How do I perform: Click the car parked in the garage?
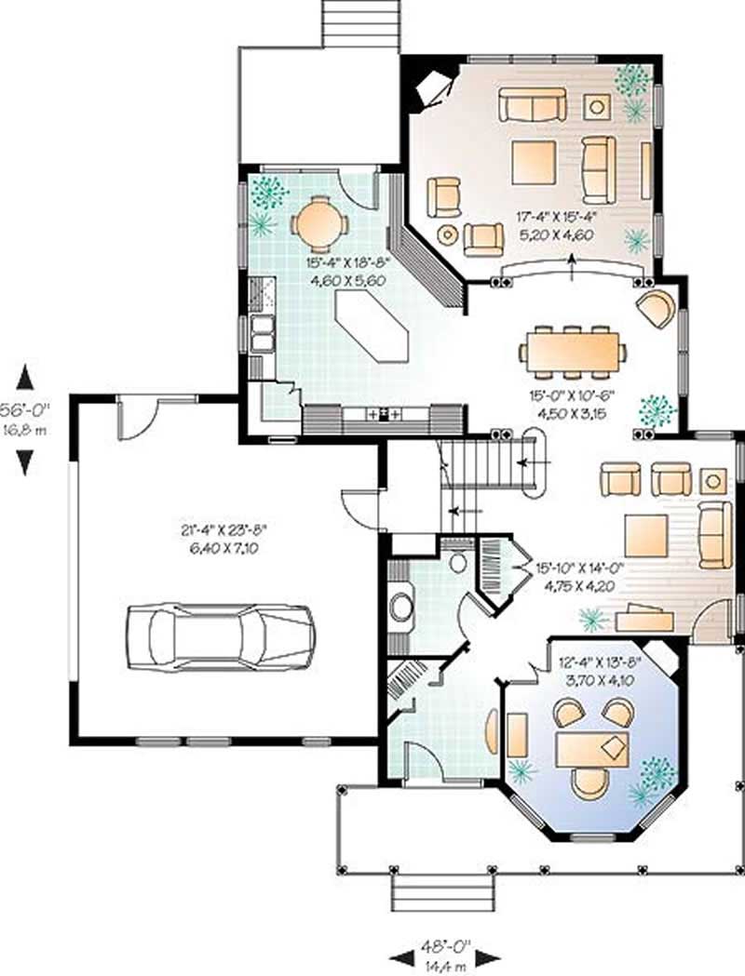point(220,637)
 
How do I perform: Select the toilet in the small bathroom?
point(457,562)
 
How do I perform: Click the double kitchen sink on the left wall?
point(261,333)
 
